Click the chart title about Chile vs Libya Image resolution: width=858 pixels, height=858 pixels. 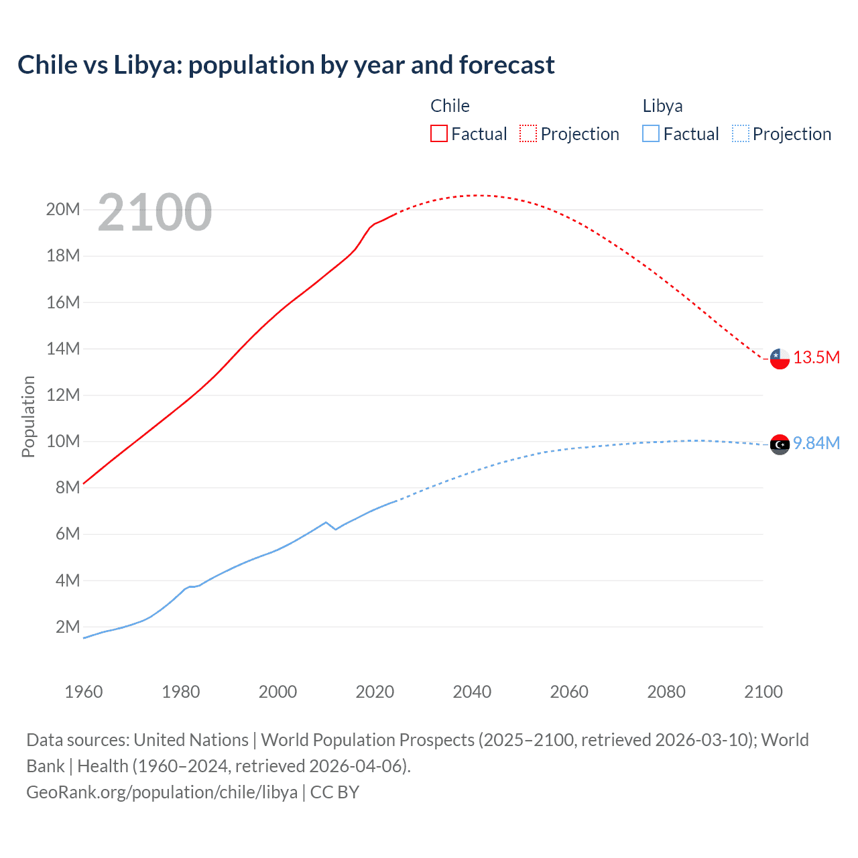tap(286, 65)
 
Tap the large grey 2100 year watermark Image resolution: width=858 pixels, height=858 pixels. tap(155, 212)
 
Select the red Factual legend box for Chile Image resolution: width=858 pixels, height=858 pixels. tap(438, 133)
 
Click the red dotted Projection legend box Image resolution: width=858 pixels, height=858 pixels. tap(528, 133)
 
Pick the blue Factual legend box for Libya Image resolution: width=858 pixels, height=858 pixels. tap(651, 133)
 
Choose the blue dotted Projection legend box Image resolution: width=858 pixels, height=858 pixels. tap(740, 133)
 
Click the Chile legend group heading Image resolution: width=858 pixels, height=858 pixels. tap(450, 106)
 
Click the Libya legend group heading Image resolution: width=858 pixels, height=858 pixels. tap(662, 106)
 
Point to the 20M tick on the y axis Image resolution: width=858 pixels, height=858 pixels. tap(63, 209)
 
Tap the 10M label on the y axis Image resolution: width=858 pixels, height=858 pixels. tap(63, 441)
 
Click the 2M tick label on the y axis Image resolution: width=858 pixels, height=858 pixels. tap(68, 627)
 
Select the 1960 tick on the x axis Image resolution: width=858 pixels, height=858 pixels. tap(84, 692)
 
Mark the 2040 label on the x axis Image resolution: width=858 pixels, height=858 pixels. tap(472, 692)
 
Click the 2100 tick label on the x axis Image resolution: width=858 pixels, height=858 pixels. tap(763, 692)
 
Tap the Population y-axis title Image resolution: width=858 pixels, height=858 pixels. tap(28, 416)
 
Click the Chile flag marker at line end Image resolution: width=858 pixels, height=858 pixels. tap(780, 359)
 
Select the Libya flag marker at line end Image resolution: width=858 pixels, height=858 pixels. tap(780, 444)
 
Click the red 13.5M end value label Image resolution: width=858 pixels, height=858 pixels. tap(816, 358)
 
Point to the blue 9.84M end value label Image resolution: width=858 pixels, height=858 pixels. tap(816, 444)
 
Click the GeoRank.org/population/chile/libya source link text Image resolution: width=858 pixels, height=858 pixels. tap(162, 792)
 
